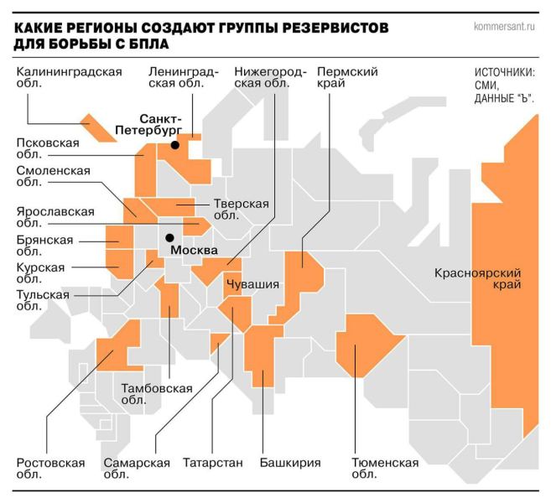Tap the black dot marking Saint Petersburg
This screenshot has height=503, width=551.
point(175,145)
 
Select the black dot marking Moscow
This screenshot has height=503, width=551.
point(169,237)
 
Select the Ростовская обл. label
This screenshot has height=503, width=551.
point(52,469)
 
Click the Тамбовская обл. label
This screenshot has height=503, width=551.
point(157,394)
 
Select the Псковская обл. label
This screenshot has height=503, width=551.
point(49,148)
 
